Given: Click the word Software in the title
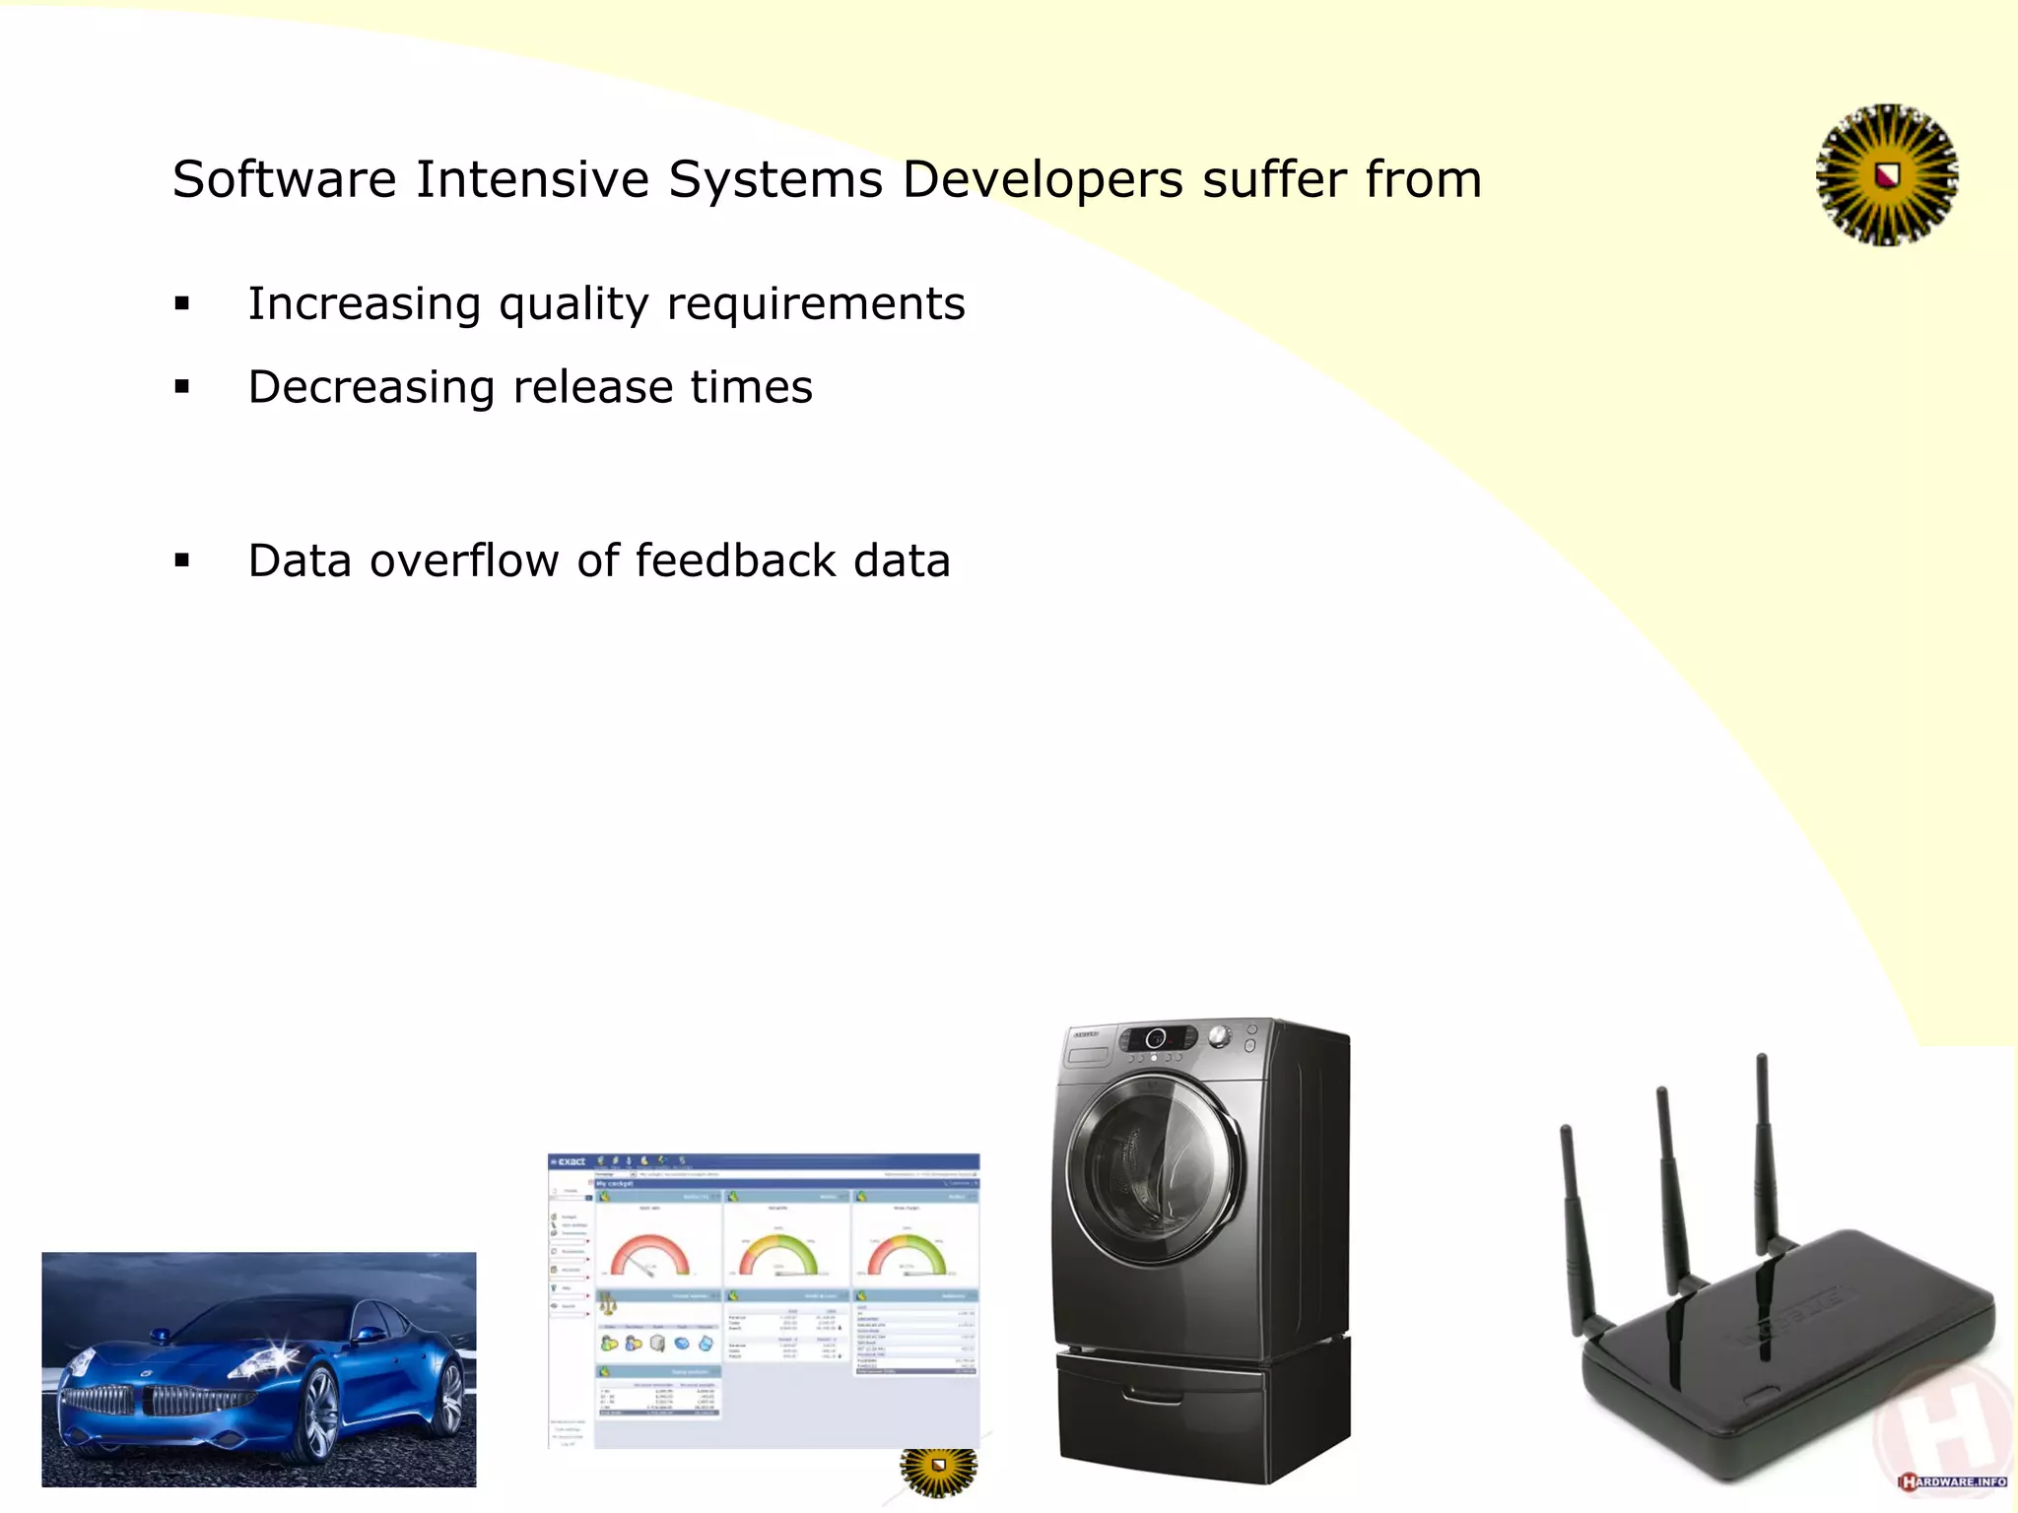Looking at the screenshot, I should click(284, 180).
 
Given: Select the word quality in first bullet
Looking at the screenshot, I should click(572, 305).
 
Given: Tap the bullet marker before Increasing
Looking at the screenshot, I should click(182, 304).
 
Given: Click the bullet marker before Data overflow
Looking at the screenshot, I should click(182, 561).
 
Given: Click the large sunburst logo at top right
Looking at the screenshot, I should click(1886, 175).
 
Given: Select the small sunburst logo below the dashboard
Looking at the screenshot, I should click(938, 1470).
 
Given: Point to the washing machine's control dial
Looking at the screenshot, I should click(1220, 1036).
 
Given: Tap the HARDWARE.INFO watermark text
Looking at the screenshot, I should click(1956, 1481).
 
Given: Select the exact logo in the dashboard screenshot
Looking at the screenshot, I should click(570, 1162).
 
